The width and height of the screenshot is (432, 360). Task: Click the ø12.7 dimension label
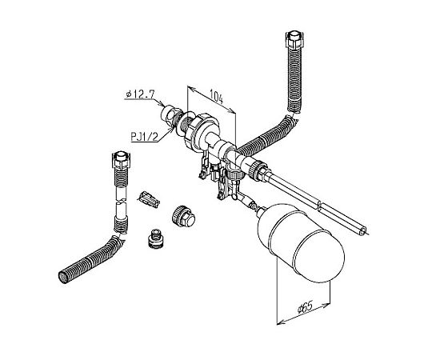pos(140,94)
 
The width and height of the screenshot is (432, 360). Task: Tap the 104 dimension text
pos(217,96)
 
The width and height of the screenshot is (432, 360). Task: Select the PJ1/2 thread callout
pos(145,137)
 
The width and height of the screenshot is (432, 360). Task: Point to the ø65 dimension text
pos(305,307)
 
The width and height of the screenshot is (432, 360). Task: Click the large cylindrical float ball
pos(301,242)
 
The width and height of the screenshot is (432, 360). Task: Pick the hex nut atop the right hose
pos(294,40)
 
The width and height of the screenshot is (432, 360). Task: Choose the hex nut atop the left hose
pos(121,159)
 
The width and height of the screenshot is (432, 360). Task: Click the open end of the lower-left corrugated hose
pos(64,277)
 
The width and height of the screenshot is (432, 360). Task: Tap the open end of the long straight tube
pos(363,231)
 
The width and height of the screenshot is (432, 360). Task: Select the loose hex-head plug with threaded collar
pos(183,216)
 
